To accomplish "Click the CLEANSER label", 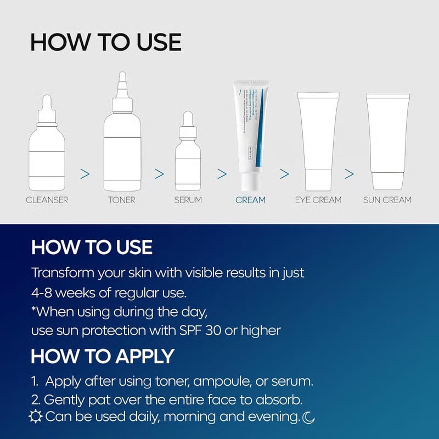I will tap(47, 200).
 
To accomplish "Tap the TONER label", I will tap(121, 200).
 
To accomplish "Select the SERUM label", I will tap(188, 200).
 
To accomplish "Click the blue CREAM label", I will tap(250, 200).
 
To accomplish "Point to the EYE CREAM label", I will tap(319, 200).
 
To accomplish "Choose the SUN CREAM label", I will tap(387, 200).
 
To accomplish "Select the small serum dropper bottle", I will tap(188, 154).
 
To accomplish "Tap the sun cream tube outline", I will tap(388, 140).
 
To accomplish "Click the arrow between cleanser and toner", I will tap(85, 174).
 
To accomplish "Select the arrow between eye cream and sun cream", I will tap(349, 174).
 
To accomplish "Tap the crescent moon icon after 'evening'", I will tap(309, 418).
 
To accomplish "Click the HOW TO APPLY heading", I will tap(103, 356).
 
